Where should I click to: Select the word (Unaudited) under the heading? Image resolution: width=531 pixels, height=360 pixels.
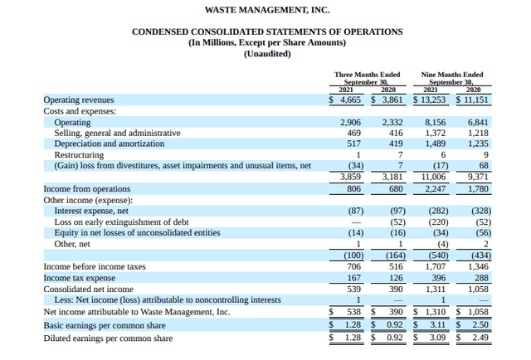click(267, 55)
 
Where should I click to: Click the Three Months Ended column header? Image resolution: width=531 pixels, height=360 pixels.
click(367, 75)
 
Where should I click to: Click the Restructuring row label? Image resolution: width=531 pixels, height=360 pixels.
click(79, 155)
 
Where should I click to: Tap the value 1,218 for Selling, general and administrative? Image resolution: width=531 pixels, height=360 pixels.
click(477, 133)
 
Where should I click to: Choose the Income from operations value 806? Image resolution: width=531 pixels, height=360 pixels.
click(353, 188)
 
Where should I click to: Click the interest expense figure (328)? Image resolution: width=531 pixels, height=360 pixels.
click(476, 211)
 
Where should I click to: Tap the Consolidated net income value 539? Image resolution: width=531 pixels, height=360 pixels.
click(353, 289)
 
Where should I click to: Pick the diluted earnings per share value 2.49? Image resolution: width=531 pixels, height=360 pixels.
click(480, 338)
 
